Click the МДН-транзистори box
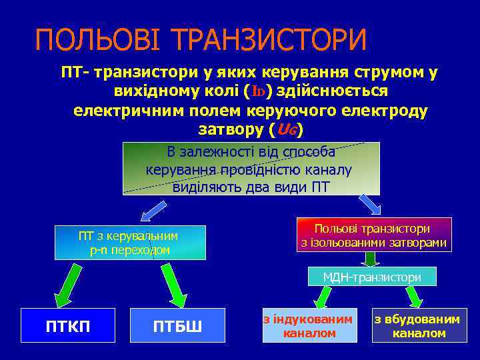(372, 277)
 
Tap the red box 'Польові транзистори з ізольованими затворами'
(373, 235)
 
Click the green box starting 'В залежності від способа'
(250, 169)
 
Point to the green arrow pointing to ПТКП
(69, 284)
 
